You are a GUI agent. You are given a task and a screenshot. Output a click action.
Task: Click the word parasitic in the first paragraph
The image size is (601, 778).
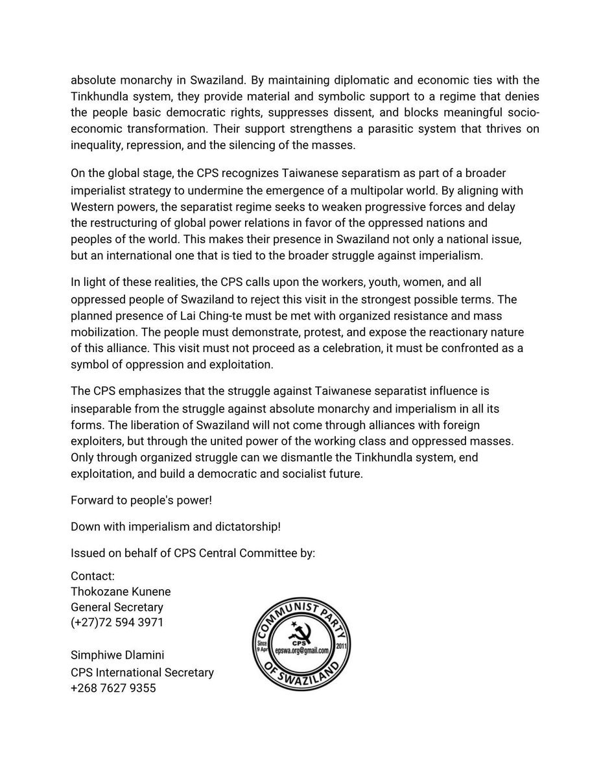point(373,129)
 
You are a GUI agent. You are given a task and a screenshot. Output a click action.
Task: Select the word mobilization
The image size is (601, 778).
point(104,332)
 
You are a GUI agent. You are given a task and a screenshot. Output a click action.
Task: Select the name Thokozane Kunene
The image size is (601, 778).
point(121,591)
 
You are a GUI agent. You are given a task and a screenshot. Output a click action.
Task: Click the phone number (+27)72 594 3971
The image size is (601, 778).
point(117,623)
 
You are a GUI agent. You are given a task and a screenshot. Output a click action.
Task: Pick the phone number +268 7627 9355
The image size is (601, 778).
point(113,688)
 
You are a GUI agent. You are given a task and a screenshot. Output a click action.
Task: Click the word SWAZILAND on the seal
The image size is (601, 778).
point(303,677)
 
